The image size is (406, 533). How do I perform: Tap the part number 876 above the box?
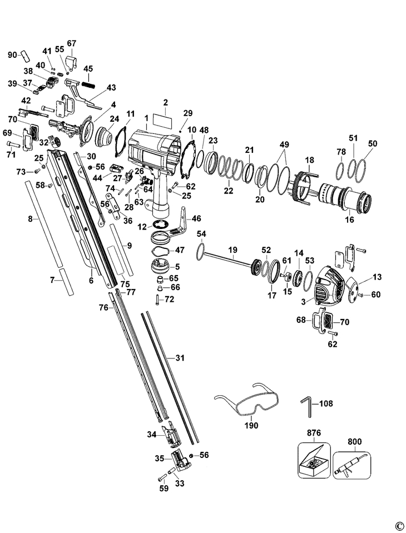pyautogui.click(x=314, y=433)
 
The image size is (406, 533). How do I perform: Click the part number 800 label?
pyautogui.click(x=354, y=441)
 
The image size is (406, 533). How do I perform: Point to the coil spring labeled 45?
pyautogui.click(x=88, y=83)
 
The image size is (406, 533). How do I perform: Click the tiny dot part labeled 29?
pyautogui.click(x=181, y=130)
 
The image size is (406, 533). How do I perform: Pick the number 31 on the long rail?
pyautogui.click(x=180, y=357)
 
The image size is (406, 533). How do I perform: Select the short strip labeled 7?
pyautogui.click(x=66, y=282)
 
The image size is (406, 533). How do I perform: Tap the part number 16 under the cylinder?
pyautogui.click(x=350, y=220)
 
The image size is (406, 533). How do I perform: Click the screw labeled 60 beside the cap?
pyautogui.click(x=362, y=295)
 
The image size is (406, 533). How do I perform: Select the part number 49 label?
pyautogui.click(x=284, y=145)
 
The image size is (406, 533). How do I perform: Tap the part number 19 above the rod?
pyautogui.click(x=232, y=251)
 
